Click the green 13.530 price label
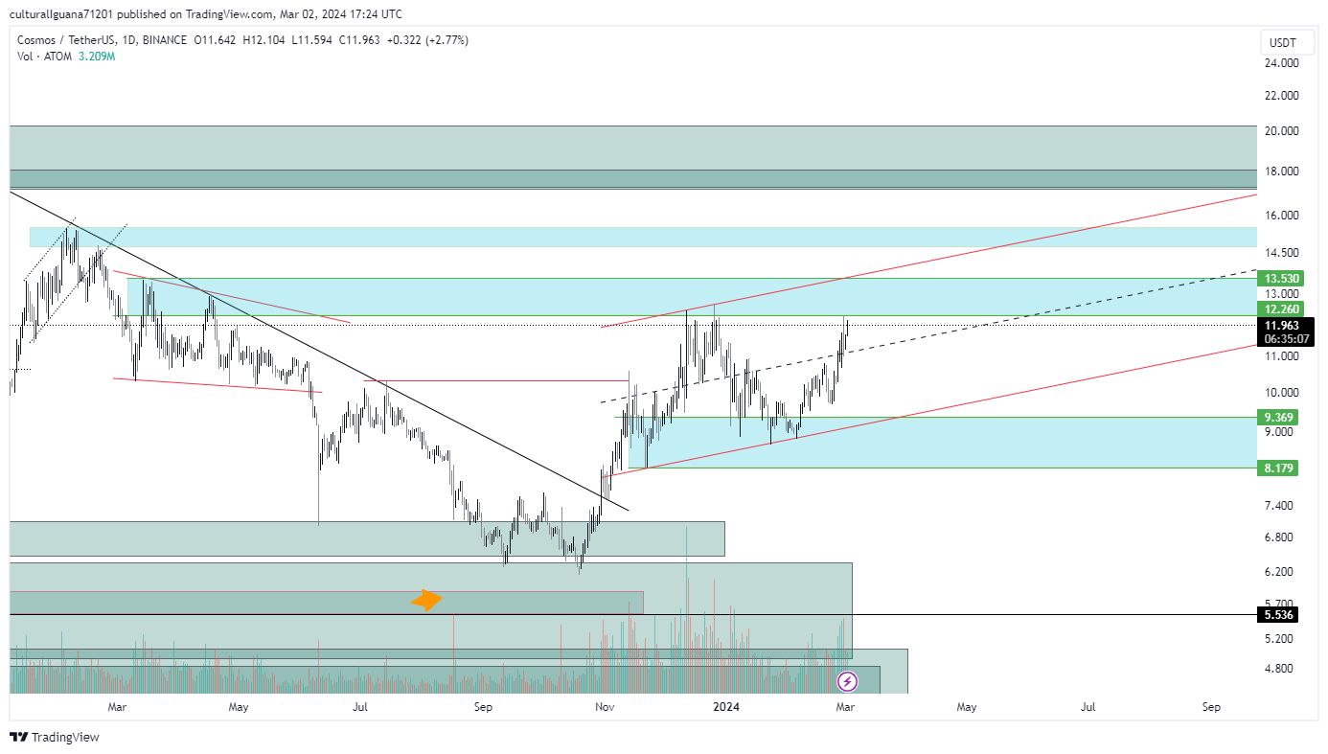(x=1281, y=279)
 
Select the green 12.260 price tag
(x=1281, y=309)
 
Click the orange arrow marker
(x=426, y=601)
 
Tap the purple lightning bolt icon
(x=847, y=682)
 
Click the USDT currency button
(x=1282, y=43)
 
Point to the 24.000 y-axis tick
(x=1281, y=63)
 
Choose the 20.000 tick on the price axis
(x=1281, y=131)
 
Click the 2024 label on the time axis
(x=726, y=708)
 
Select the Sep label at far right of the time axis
(x=1211, y=708)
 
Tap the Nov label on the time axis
(x=605, y=708)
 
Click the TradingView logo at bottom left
(x=55, y=737)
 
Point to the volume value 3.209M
(x=96, y=57)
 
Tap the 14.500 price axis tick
(x=1281, y=253)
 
